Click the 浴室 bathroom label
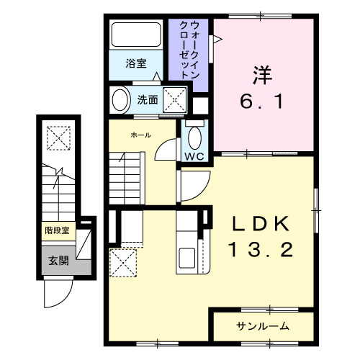pos(135,63)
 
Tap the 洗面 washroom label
pos(148,100)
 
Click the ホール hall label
pos(140,135)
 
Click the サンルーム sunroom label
pos(263,326)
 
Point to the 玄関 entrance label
pos(58,261)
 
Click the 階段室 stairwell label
pos(57,231)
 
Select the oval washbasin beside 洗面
pos(120,99)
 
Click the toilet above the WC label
pos(193,136)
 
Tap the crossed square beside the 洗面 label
pos(175,100)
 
